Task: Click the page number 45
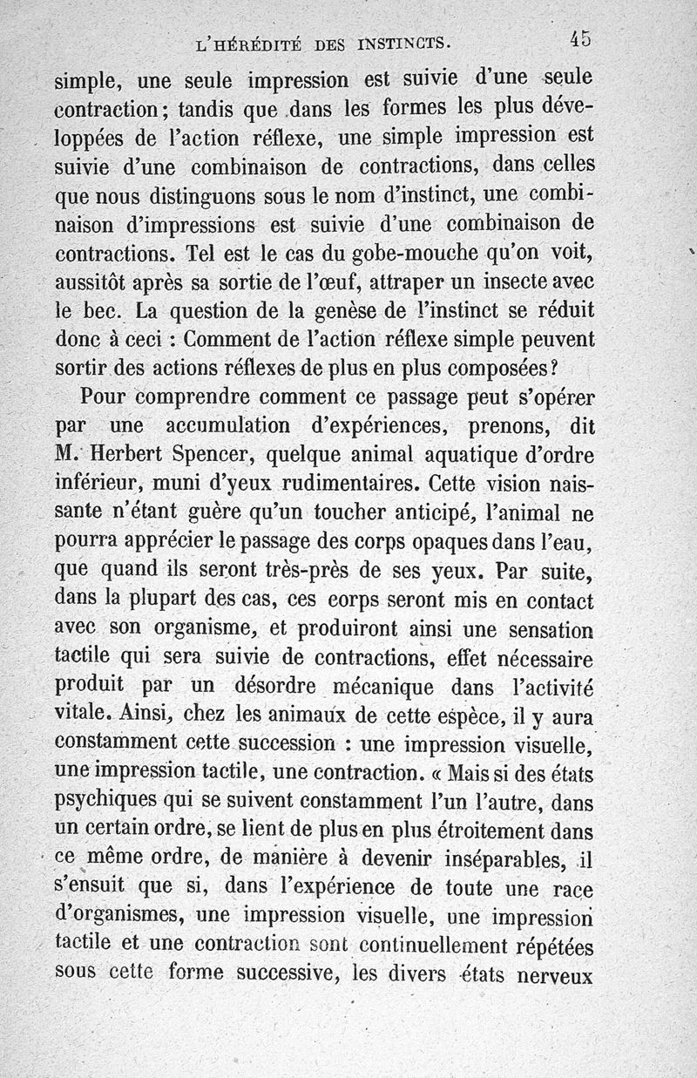(x=581, y=38)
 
